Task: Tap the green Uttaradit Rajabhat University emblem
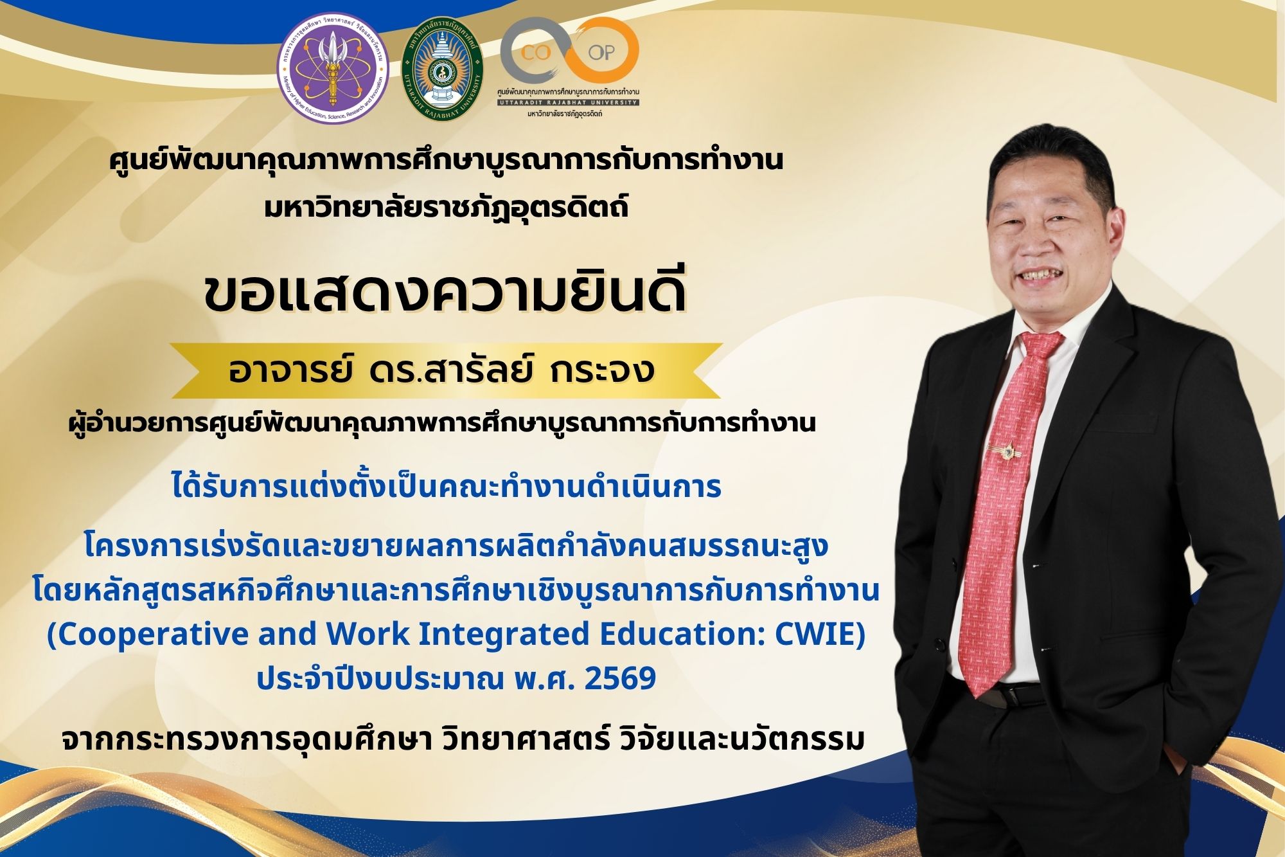coord(443,67)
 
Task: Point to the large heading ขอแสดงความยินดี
coord(445,294)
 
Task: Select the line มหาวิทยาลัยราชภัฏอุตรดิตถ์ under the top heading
coord(447,207)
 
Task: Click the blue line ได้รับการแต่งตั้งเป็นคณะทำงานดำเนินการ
coord(447,485)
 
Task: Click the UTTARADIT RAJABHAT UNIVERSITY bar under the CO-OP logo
coord(568,102)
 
